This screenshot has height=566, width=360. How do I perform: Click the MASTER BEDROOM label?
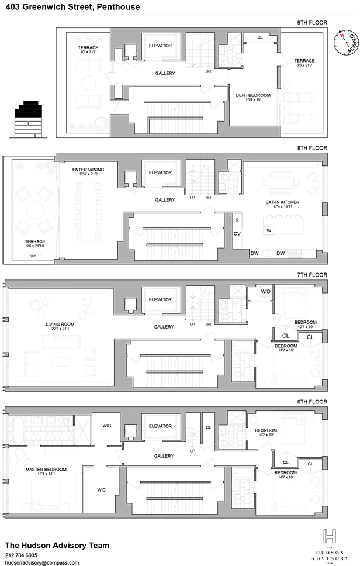click(46, 470)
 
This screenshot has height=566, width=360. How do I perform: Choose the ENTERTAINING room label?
click(88, 170)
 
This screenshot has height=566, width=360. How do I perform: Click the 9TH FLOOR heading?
click(312, 23)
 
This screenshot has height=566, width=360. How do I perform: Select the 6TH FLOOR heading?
click(312, 402)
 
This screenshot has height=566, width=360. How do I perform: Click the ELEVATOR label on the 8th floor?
click(160, 172)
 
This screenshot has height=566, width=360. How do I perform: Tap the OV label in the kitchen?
click(237, 233)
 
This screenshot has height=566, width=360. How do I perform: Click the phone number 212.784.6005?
click(21, 555)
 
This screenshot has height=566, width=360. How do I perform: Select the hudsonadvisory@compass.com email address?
click(37, 562)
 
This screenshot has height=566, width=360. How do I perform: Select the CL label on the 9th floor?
click(260, 37)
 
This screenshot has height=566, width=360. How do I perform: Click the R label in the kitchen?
click(237, 221)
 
